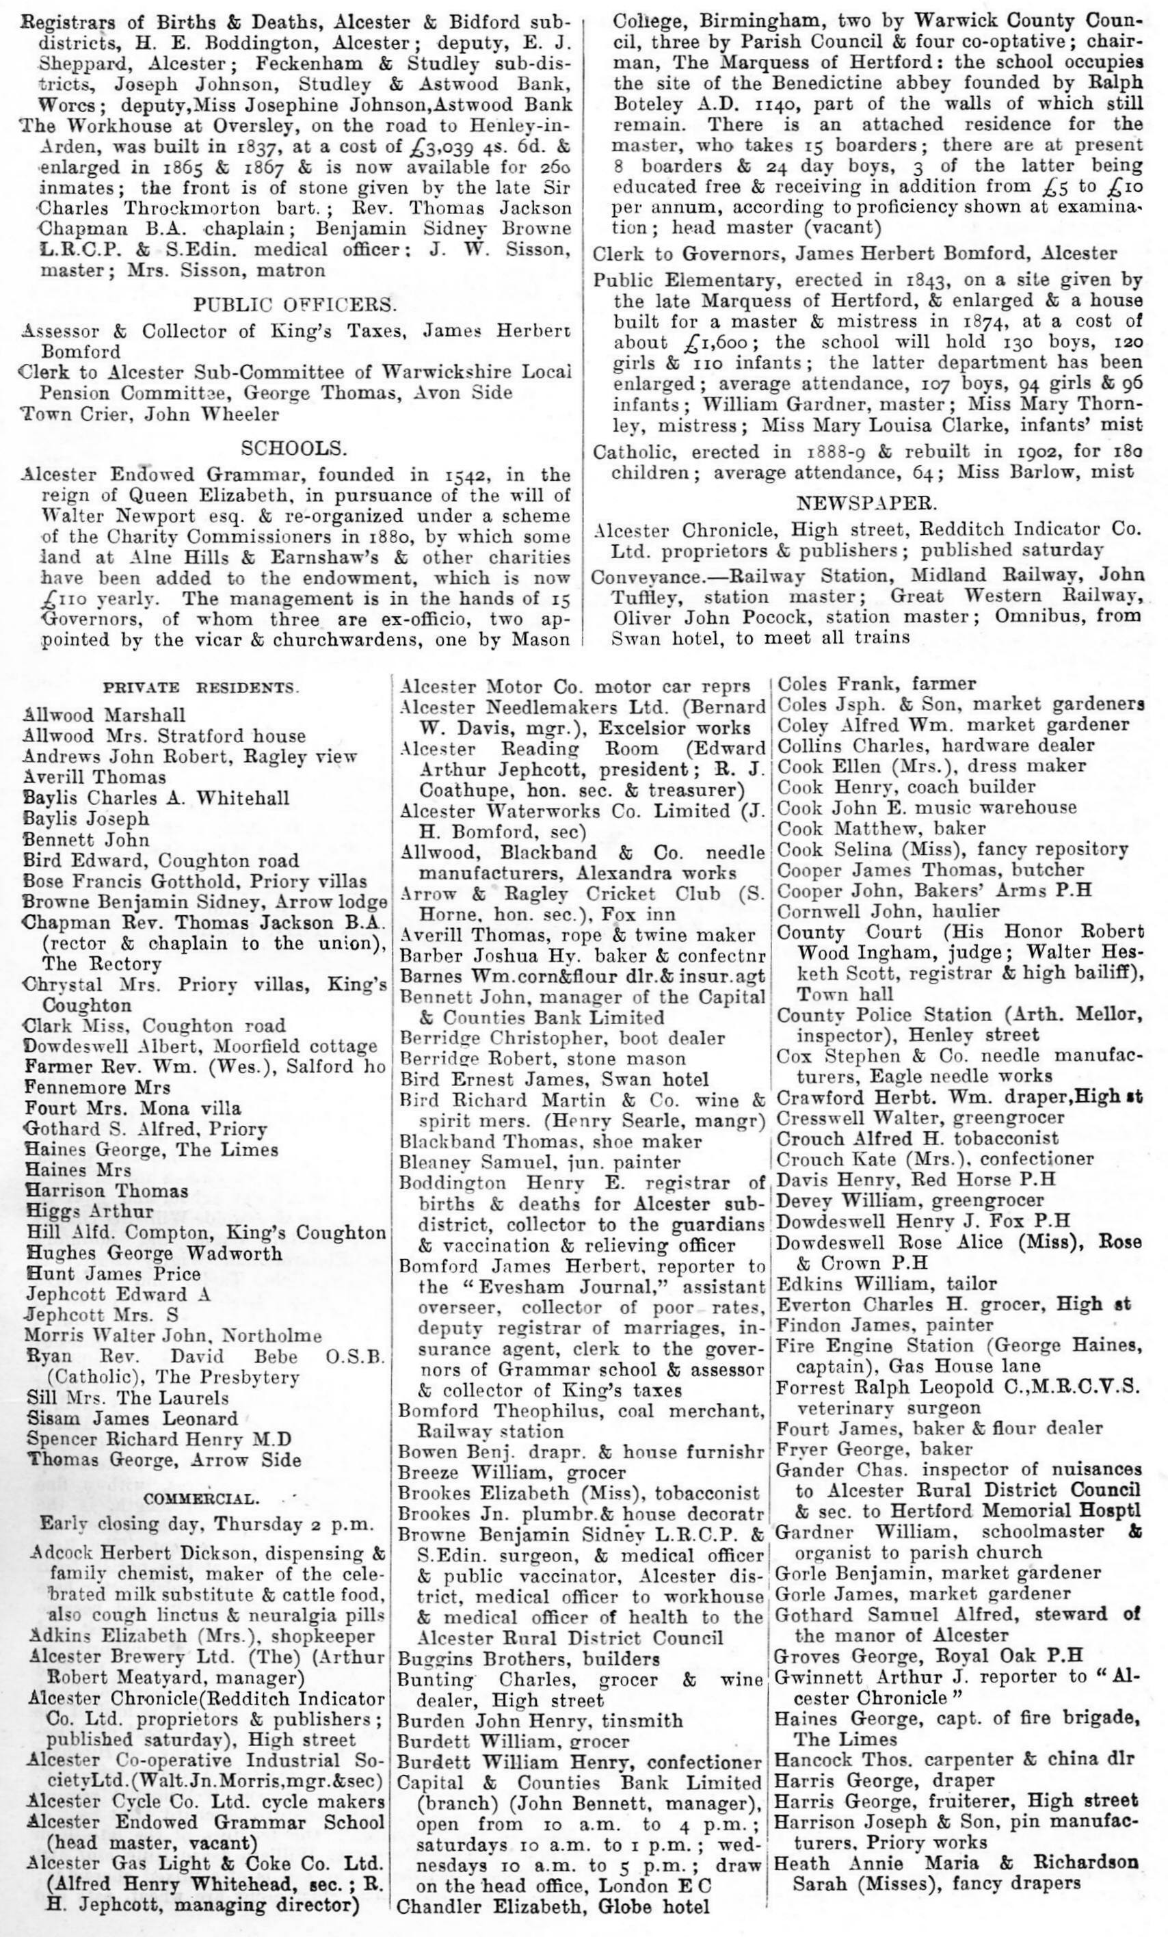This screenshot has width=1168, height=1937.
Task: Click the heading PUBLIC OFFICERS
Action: [x=295, y=305]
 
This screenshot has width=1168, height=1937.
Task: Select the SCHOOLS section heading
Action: [x=294, y=448]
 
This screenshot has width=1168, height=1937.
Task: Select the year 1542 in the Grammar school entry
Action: [x=460, y=475]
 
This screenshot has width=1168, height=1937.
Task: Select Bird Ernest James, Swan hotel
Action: [x=554, y=1079]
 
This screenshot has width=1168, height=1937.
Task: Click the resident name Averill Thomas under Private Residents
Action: [x=95, y=778]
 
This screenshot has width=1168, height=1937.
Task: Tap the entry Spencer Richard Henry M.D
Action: [x=159, y=1439]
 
